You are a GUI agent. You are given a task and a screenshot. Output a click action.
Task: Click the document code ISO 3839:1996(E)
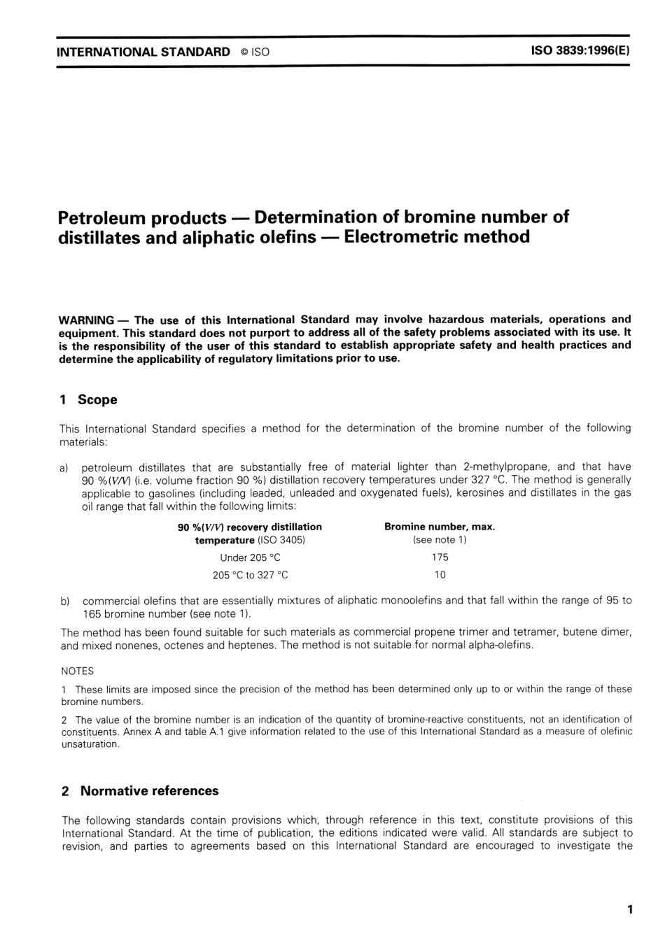[581, 51]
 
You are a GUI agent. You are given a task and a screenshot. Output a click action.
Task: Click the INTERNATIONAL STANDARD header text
[143, 52]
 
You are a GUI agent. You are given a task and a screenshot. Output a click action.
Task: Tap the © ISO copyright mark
[255, 52]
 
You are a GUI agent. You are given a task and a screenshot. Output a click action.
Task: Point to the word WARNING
[86, 320]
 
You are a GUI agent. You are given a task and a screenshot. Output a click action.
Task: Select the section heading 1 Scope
[88, 400]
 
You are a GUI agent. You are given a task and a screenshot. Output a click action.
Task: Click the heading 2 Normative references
[140, 791]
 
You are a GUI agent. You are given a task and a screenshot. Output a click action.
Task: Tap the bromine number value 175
[440, 557]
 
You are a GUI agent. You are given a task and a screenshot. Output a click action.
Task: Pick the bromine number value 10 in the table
[440, 575]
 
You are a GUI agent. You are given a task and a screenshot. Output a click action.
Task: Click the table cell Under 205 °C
[250, 557]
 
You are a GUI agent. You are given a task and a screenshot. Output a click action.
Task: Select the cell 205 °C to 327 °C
[250, 575]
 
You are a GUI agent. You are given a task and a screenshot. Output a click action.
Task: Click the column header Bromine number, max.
[440, 527]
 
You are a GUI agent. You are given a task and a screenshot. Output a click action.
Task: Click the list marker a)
[64, 467]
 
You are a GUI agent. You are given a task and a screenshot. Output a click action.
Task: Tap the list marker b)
[65, 601]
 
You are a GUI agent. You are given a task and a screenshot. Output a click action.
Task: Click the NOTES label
[77, 671]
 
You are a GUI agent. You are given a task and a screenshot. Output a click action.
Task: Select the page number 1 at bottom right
[630, 910]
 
